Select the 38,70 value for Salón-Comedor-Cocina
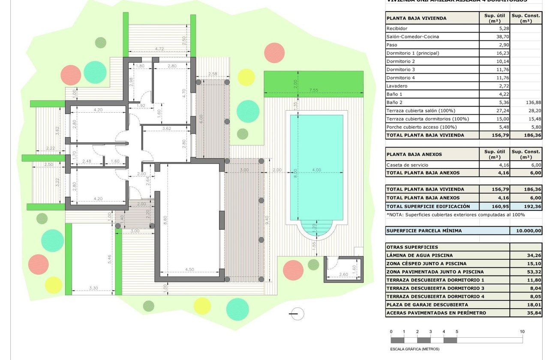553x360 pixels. click(x=493, y=37)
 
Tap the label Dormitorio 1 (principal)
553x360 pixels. click(x=413, y=53)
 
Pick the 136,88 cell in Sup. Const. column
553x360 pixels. click(x=526, y=102)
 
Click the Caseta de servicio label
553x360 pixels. click(x=407, y=165)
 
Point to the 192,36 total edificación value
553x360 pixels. click(x=526, y=206)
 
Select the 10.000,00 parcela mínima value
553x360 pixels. click(x=526, y=231)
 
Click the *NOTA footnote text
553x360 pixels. click(x=455, y=215)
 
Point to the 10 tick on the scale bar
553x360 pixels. click(x=522, y=332)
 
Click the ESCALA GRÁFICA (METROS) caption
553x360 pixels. click(x=415, y=349)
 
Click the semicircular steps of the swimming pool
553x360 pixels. click(x=316, y=230)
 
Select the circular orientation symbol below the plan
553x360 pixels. click(x=297, y=314)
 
